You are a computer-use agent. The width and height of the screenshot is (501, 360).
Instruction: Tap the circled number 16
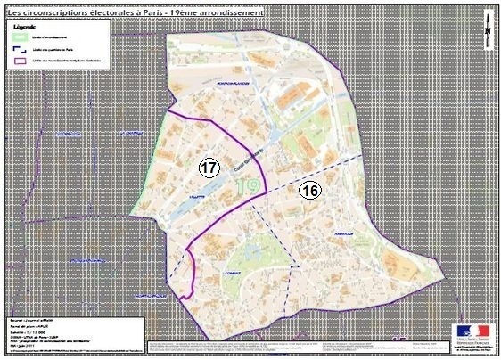pos(310,189)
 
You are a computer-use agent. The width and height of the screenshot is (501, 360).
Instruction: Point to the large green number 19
pos(249,185)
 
